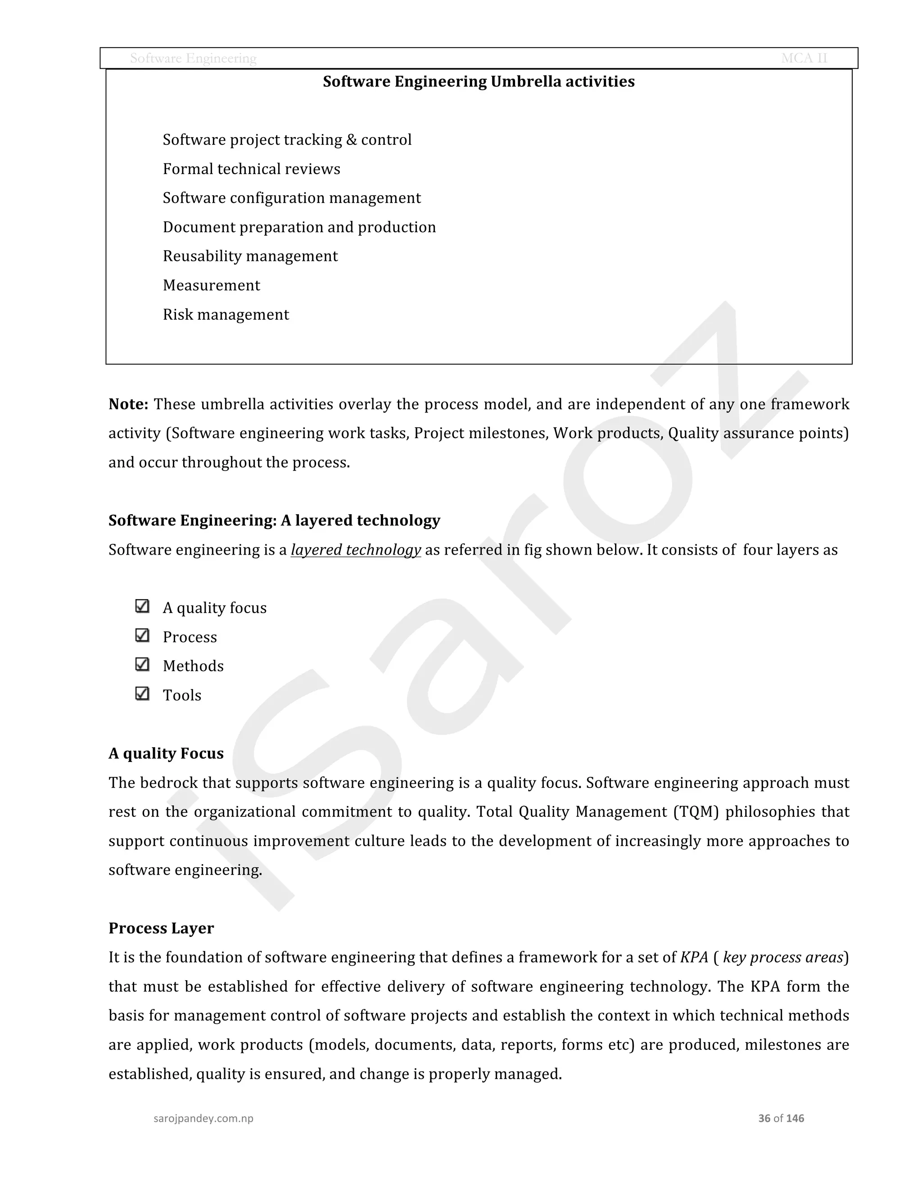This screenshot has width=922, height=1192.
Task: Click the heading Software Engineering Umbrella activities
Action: pyautogui.click(x=479, y=82)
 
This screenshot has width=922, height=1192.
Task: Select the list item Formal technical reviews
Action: pyautogui.click(x=251, y=169)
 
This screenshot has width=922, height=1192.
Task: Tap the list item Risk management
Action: pyautogui.click(x=226, y=315)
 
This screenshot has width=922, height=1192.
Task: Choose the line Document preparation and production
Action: pyautogui.click(x=299, y=227)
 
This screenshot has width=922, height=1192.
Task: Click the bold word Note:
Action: pyautogui.click(x=128, y=404)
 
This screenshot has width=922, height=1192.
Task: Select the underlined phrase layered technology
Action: pyautogui.click(x=356, y=550)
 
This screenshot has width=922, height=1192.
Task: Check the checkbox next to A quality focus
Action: pyautogui.click(x=142, y=606)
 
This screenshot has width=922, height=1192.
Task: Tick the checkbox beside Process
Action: pyautogui.click(x=142, y=635)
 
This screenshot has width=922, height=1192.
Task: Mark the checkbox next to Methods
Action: pyautogui.click(x=142, y=664)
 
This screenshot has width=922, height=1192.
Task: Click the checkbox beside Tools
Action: pyautogui.click(x=142, y=694)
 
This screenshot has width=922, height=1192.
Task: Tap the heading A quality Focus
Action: pyautogui.click(x=166, y=754)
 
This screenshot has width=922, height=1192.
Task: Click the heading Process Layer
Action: pyautogui.click(x=161, y=928)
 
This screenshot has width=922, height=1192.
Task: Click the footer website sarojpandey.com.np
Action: pyautogui.click(x=203, y=1118)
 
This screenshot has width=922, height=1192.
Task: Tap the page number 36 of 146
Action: pyautogui.click(x=781, y=1118)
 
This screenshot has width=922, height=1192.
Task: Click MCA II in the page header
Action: pyautogui.click(x=804, y=58)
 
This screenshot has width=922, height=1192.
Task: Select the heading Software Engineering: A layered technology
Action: pyautogui.click(x=274, y=521)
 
